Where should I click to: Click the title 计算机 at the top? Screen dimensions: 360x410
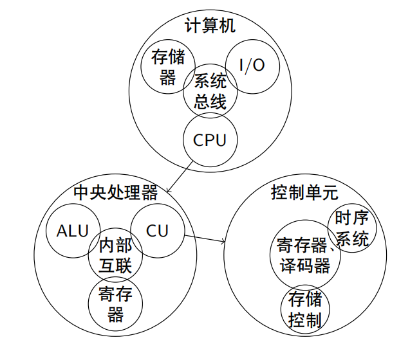[x=210, y=26]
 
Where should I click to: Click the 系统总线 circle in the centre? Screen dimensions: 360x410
[x=210, y=91]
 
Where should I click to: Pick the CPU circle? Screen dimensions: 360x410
[x=210, y=139]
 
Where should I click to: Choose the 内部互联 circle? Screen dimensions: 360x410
[x=116, y=255]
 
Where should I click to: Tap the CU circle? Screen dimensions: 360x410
[x=158, y=230]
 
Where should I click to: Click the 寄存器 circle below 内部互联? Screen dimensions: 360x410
[x=116, y=304]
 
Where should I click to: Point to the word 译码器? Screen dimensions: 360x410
[x=306, y=265]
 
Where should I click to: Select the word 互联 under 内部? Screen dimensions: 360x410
[x=116, y=265]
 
